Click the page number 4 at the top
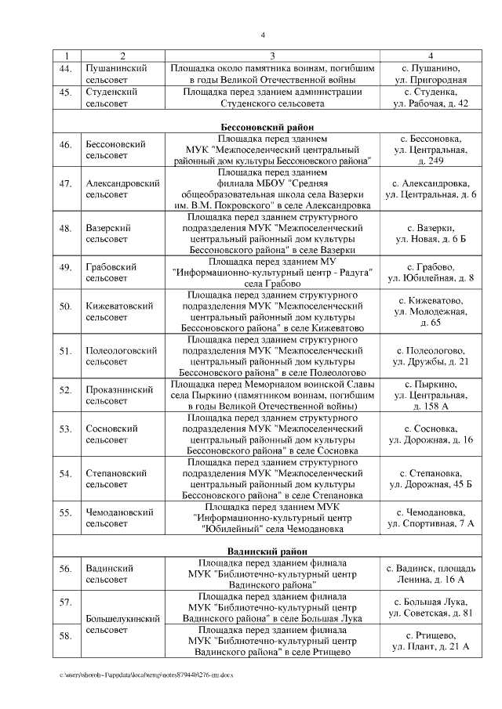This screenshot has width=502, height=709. click(263, 34)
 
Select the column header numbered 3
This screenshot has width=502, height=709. click(272, 56)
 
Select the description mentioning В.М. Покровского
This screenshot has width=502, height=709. click(272, 189)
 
